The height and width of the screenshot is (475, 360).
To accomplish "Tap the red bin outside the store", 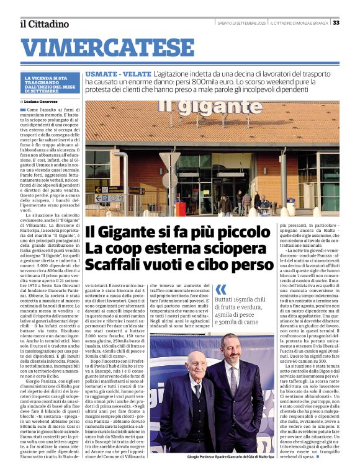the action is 181,209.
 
